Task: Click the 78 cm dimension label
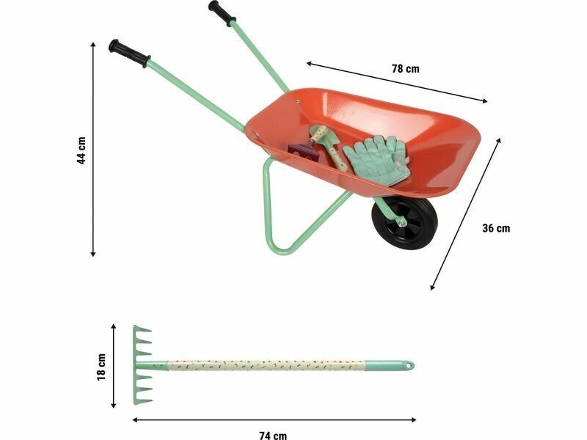(406, 69)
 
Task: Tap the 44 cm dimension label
(81, 150)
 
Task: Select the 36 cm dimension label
(496, 228)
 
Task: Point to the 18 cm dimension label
(101, 367)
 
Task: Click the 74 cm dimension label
(273, 435)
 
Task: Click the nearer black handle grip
(130, 54)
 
